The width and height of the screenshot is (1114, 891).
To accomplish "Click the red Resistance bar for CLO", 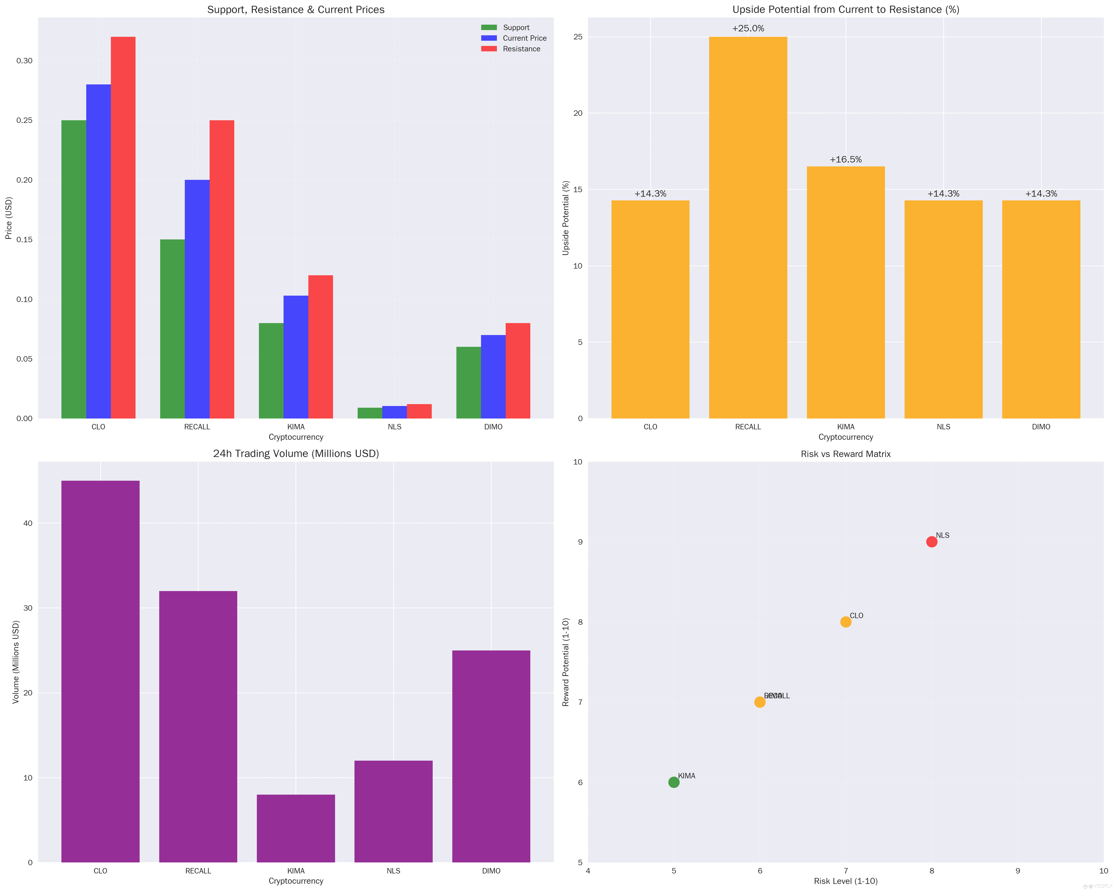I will pyautogui.click(x=123, y=227).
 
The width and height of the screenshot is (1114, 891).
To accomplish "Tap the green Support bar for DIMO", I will pyautogui.click(x=468, y=382).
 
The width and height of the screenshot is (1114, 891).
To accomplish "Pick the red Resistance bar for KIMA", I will pyautogui.click(x=320, y=346).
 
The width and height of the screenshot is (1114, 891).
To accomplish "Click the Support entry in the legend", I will pyautogui.click(x=516, y=27).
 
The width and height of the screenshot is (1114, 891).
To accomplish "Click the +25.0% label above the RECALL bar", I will pyautogui.click(x=748, y=28).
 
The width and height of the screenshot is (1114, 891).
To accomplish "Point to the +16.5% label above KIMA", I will pyautogui.click(x=845, y=160).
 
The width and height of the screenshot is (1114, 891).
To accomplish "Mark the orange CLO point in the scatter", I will pyautogui.click(x=845, y=622).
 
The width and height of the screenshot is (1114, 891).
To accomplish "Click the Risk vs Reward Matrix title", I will pyautogui.click(x=845, y=454).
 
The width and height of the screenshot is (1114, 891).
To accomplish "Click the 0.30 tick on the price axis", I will pyautogui.click(x=24, y=61).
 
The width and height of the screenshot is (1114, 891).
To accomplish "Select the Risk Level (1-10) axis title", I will pyautogui.click(x=845, y=881).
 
